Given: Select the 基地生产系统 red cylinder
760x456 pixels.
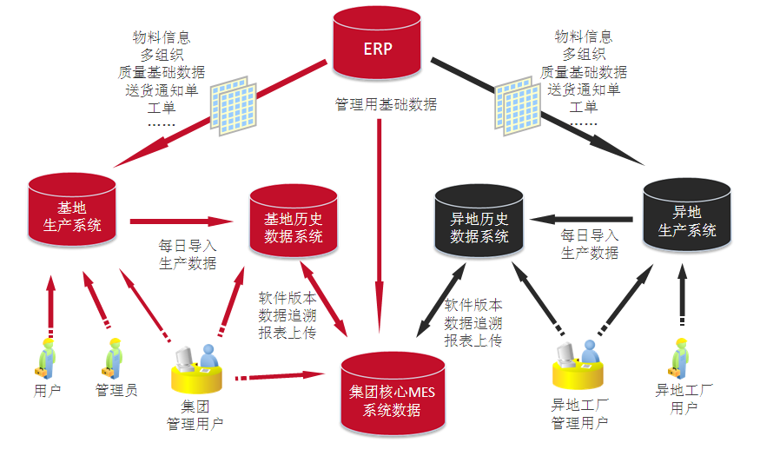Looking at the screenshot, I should [x=71, y=217].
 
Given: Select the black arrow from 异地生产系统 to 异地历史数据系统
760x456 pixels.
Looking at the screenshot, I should [x=582, y=219].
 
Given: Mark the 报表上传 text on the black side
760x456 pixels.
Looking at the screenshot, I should [x=473, y=341].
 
